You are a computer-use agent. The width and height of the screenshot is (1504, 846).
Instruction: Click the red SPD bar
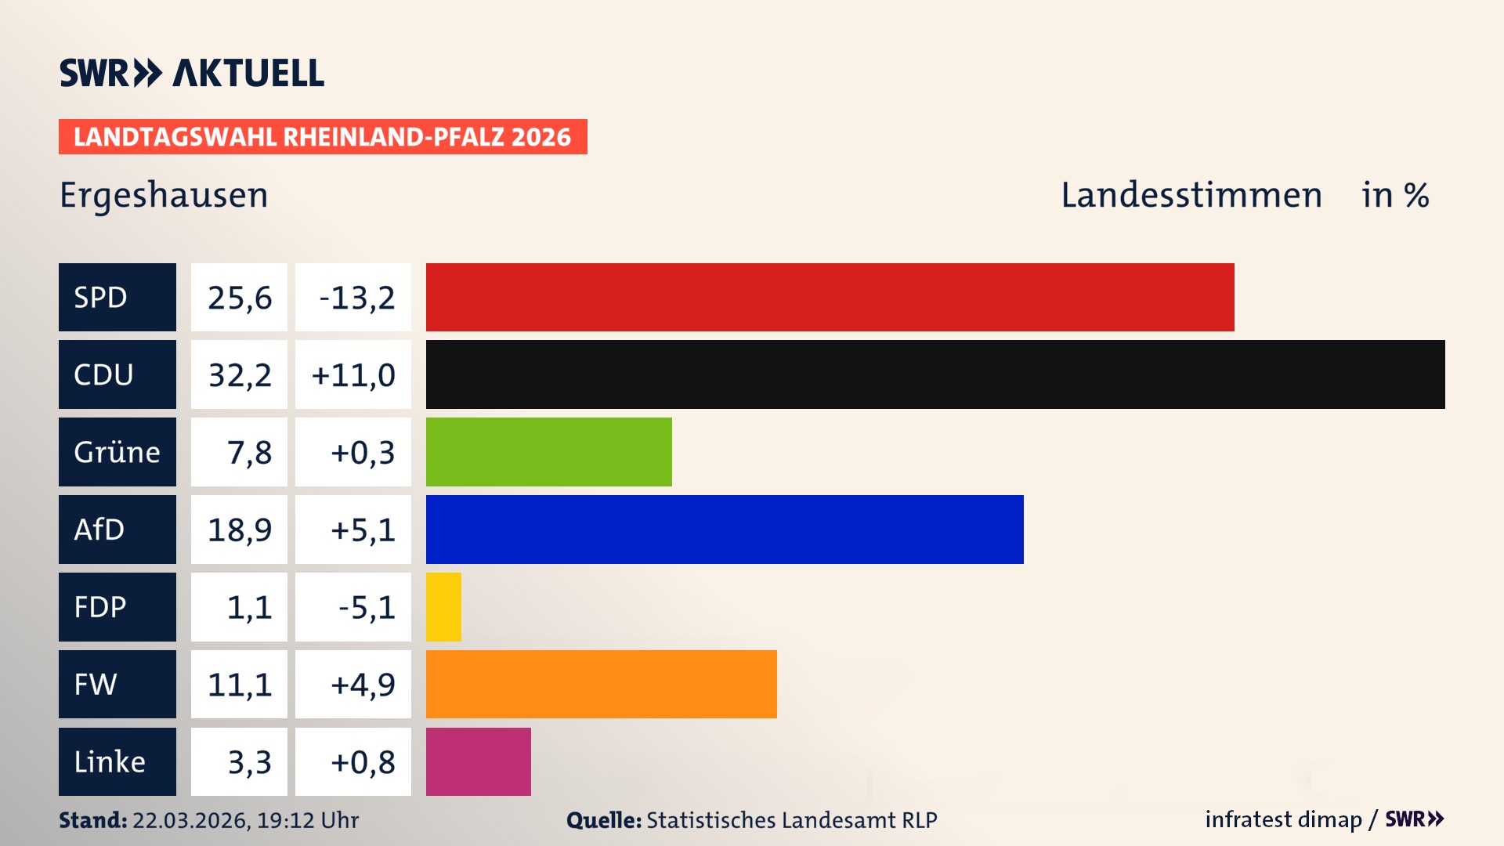coord(830,297)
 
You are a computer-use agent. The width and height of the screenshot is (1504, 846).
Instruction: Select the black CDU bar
coord(935,374)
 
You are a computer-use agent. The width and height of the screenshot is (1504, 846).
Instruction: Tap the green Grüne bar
coord(548,452)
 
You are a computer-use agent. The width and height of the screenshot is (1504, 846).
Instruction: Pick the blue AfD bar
coord(725,530)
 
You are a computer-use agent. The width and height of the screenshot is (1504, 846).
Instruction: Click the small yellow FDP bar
coord(443,607)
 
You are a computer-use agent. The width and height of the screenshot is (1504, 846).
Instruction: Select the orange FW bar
coord(601,684)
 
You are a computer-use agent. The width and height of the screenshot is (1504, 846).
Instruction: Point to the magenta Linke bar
coord(478,761)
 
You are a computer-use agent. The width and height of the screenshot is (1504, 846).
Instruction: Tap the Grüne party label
coord(117,452)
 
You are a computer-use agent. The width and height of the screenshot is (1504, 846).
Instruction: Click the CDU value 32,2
coord(239,374)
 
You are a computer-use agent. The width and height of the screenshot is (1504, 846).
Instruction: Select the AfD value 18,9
coord(239,530)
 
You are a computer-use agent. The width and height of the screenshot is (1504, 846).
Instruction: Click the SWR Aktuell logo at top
coord(191,73)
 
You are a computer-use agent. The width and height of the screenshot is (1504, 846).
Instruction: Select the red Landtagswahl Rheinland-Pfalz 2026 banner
coord(322,136)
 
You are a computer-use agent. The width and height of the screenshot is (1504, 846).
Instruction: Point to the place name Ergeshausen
coord(164,195)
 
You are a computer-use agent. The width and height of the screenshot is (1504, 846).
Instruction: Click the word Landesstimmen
coord(1191,195)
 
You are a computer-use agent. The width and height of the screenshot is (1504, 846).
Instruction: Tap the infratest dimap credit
coord(1283,819)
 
